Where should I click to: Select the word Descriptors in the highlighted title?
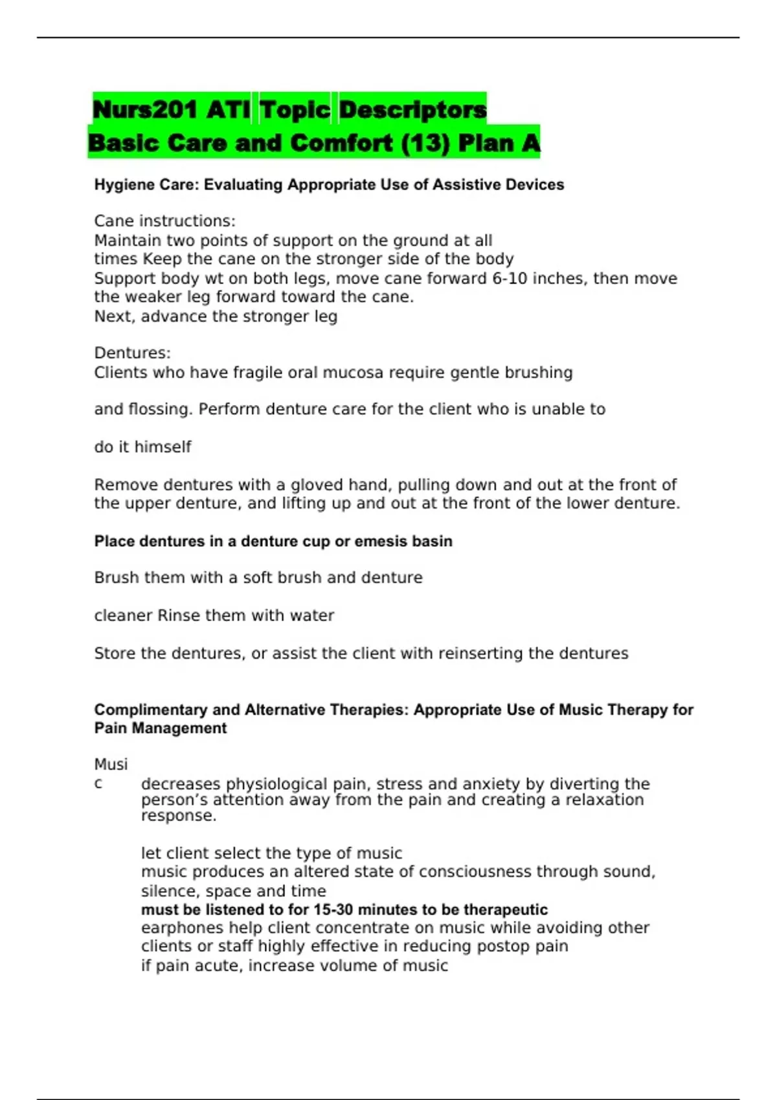click(x=412, y=109)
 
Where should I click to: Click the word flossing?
click(x=161, y=410)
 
